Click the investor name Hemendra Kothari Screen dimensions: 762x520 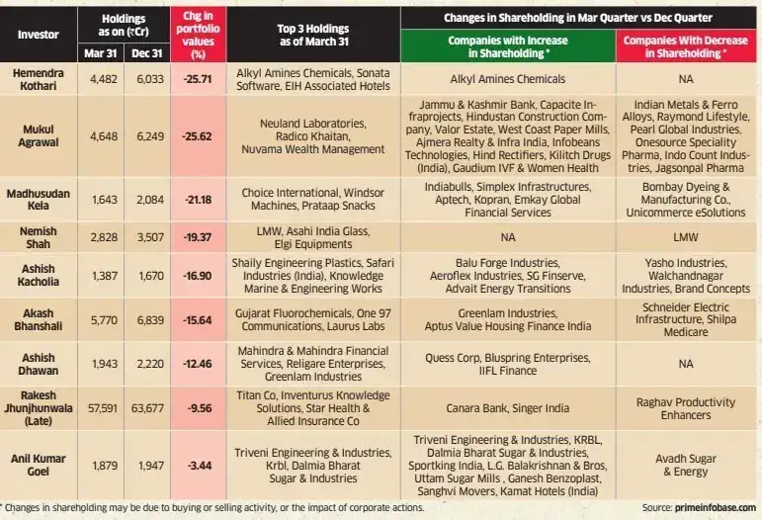[x=38, y=79]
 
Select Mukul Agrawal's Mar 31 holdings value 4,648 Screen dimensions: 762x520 [x=104, y=136]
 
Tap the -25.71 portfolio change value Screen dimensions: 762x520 [x=198, y=79]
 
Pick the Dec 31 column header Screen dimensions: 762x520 [x=146, y=53]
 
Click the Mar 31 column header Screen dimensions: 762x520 [x=101, y=53]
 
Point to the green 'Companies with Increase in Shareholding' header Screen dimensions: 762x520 [x=508, y=46]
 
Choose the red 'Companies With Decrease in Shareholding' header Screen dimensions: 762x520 [x=685, y=46]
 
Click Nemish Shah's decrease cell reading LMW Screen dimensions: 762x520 [x=686, y=237]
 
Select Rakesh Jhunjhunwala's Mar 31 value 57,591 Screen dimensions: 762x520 [x=103, y=408]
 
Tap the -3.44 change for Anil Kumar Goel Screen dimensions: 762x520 [x=200, y=466]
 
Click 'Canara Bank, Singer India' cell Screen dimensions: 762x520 [x=508, y=408]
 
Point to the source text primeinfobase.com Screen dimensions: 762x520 [x=716, y=508]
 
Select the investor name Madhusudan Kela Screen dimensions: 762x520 [x=38, y=200]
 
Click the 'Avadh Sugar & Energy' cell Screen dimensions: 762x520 [x=686, y=465]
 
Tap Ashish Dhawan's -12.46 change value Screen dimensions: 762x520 [x=198, y=364]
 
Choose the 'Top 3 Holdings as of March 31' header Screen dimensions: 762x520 [x=313, y=35]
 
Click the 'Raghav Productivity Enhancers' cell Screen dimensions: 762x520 [x=686, y=408]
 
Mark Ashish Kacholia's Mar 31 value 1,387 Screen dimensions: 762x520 [x=105, y=276]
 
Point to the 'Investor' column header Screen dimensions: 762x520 [x=38, y=35]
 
